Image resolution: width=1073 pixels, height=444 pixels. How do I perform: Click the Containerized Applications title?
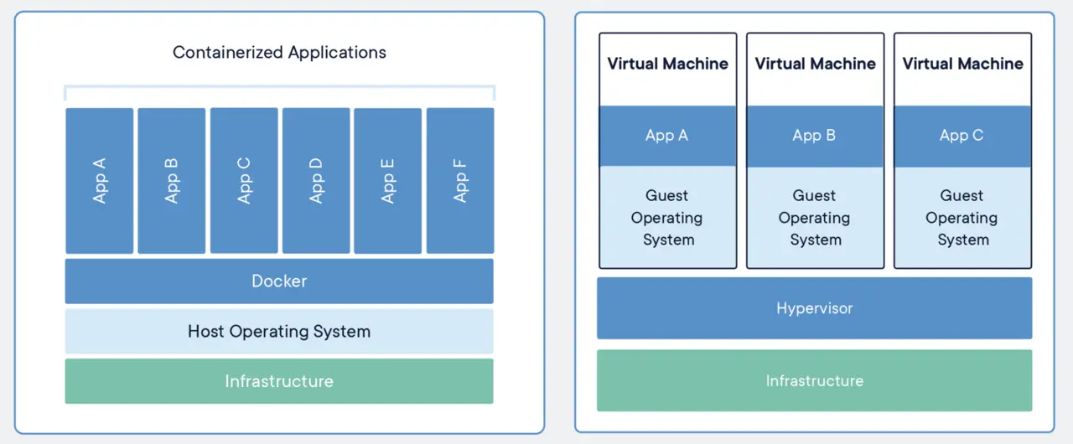[279, 52]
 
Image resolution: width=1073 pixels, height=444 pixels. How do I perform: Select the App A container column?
[100, 180]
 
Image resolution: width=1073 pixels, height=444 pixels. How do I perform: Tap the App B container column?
[172, 180]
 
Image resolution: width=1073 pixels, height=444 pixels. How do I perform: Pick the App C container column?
[244, 180]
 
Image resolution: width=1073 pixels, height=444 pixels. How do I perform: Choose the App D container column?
[316, 180]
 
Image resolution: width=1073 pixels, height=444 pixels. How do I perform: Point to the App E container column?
[388, 180]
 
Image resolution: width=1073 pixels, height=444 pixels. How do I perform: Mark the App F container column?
[460, 180]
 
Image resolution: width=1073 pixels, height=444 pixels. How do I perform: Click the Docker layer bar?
[279, 281]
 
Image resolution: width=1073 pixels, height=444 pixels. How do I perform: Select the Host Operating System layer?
[279, 331]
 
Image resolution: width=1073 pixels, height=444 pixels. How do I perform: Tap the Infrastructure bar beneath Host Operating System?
[279, 381]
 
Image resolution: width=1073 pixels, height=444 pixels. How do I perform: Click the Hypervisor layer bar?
[814, 308]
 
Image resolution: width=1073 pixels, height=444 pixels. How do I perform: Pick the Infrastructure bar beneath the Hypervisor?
[814, 380]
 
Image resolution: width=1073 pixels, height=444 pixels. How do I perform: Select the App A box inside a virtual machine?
[668, 136]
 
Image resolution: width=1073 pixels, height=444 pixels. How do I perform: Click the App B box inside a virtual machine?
[815, 136]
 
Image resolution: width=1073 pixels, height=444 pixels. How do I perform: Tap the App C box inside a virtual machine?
[962, 136]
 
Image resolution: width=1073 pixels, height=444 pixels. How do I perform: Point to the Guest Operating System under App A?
[668, 217]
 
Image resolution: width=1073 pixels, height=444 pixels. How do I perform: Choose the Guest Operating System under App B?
[815, 217]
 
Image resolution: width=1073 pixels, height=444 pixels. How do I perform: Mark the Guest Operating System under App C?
[962, 217]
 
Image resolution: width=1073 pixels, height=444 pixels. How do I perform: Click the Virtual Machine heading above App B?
[816, 64]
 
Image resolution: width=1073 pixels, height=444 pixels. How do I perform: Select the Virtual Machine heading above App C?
[963, 64]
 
